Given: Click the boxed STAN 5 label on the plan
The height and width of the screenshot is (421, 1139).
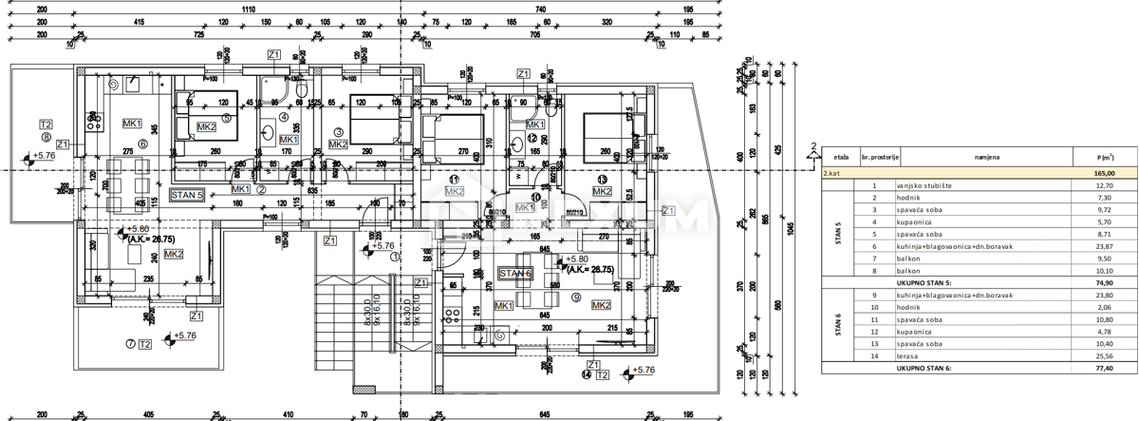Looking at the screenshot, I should [x=188, y=195].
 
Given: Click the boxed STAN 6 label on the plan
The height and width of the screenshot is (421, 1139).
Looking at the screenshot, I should [x=517, y=274].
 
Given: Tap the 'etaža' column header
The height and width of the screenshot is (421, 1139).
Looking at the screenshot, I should [x=841, y=158].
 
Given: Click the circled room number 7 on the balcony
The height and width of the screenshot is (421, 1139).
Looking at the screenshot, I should [x=130, y=343].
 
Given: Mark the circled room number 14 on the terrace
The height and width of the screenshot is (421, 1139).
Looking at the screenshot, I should [x=588, y=375].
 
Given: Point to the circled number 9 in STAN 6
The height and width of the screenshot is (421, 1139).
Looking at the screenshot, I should [x=576, y=298].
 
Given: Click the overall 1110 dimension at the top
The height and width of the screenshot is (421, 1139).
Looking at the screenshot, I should [x=249, y=8].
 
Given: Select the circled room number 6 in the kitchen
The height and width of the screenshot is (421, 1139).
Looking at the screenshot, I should [x=143, y=144].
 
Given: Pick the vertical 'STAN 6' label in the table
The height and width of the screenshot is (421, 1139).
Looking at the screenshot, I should [x=839, y=330].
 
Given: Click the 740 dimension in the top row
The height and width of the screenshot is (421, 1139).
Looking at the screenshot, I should [x=540, y=8].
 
